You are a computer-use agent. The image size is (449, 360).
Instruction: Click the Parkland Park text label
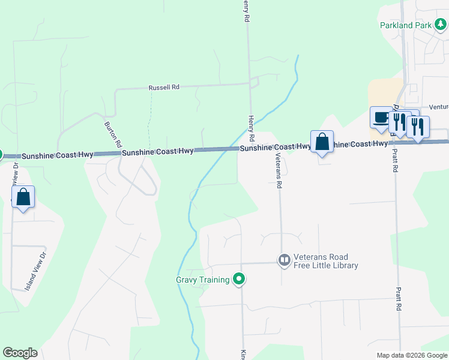point(406,26)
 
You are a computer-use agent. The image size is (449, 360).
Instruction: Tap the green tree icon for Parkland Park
point(441,25)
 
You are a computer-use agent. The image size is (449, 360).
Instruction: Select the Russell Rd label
point(164,88)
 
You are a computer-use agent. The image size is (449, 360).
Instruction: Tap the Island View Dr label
point(35,271)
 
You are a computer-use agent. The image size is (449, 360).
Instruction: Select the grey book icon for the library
point(284,260)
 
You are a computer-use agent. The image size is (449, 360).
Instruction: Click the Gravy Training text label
point(203,280)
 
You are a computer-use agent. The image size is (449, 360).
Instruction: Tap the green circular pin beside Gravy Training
point(239,279)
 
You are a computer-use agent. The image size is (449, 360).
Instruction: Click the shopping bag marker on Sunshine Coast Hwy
point(322,143)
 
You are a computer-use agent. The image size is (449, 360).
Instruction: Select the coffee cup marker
point(381,118)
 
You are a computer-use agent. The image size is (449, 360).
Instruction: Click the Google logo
point(20,353)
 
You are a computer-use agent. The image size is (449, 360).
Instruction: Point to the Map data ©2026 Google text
point(411,355)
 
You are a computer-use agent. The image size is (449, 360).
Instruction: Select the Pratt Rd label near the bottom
point(398,298)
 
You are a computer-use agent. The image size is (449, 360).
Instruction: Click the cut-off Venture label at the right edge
point(439,107)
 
